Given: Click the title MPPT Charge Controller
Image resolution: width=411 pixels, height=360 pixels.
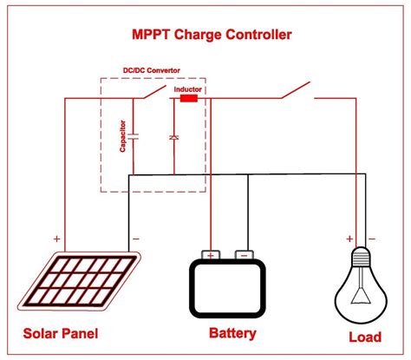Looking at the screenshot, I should [x=205, y=35].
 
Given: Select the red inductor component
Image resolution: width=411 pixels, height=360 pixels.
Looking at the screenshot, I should [x=187, y=99].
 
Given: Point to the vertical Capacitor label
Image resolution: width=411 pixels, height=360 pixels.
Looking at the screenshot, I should [x=123, y=137].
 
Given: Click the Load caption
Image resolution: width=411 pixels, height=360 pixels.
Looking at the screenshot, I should [x=364, y=336].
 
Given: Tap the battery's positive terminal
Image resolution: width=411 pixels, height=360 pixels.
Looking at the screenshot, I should [x=211, y=254].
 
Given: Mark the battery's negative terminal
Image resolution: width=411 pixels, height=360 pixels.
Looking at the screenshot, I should [x=244, y=254].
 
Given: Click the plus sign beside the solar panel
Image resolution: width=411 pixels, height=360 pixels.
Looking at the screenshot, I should [x=56, y=237].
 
